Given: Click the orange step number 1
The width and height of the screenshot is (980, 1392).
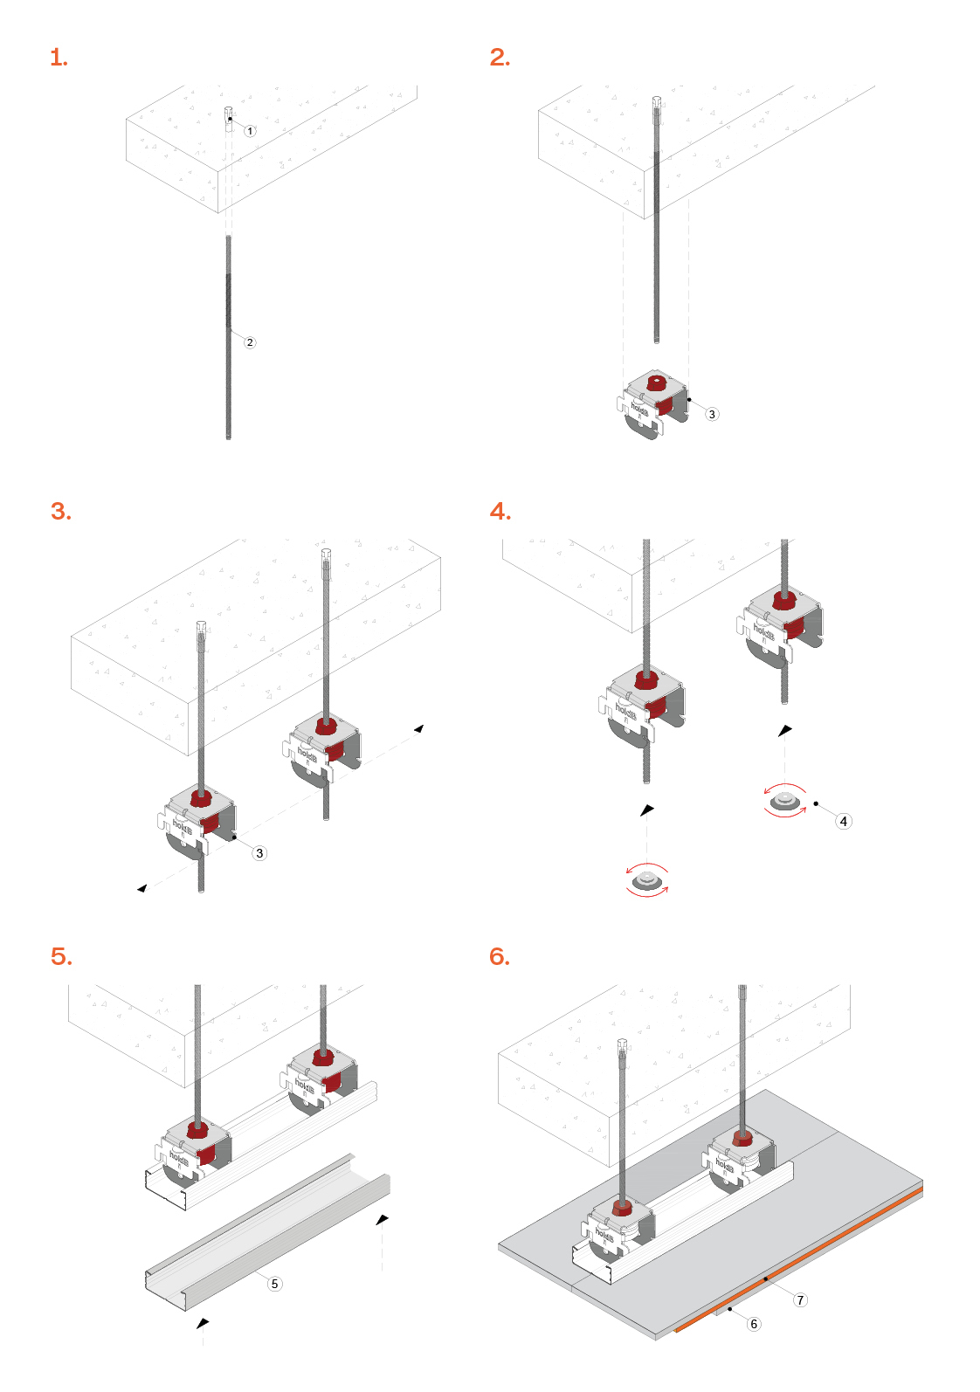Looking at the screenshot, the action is [x=59, y=58].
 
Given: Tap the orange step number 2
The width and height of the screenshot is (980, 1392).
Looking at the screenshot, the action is [x=500, y=57].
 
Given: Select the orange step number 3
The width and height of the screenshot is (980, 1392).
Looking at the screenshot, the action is [x=61, y=512].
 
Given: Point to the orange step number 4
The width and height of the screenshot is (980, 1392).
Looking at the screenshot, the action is [x=500, y=512].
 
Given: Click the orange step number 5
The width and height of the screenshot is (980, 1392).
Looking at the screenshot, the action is [x=61, y=956].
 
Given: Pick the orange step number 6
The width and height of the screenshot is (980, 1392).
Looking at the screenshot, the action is [x=500, y=956].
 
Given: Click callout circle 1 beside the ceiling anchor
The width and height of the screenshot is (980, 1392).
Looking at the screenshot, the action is [x=250, y=131].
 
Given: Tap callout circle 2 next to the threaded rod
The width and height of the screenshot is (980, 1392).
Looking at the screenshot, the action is [x=250, y=342].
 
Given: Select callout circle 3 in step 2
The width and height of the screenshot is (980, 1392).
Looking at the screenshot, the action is [x=712, y=414].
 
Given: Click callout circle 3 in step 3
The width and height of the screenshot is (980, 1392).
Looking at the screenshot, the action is [x=259, y=853].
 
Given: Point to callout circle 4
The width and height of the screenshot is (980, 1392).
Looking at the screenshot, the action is [x=843, y=822].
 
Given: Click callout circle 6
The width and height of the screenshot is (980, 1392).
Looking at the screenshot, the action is [x=754, y=1324].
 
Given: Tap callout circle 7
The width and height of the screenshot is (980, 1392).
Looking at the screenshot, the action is [x=800, y=1300].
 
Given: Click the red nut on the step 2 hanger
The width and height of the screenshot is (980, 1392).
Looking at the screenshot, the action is [x=656, y=382].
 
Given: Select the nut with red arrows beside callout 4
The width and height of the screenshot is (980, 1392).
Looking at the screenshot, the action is [x=785, y=801].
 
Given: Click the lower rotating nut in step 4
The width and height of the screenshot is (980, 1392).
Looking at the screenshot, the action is [x=647, y=880].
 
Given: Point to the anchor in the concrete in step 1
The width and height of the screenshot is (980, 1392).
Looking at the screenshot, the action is [x=230, y=118].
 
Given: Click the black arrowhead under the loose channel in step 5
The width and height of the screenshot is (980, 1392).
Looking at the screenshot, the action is [x=204, y=1324].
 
